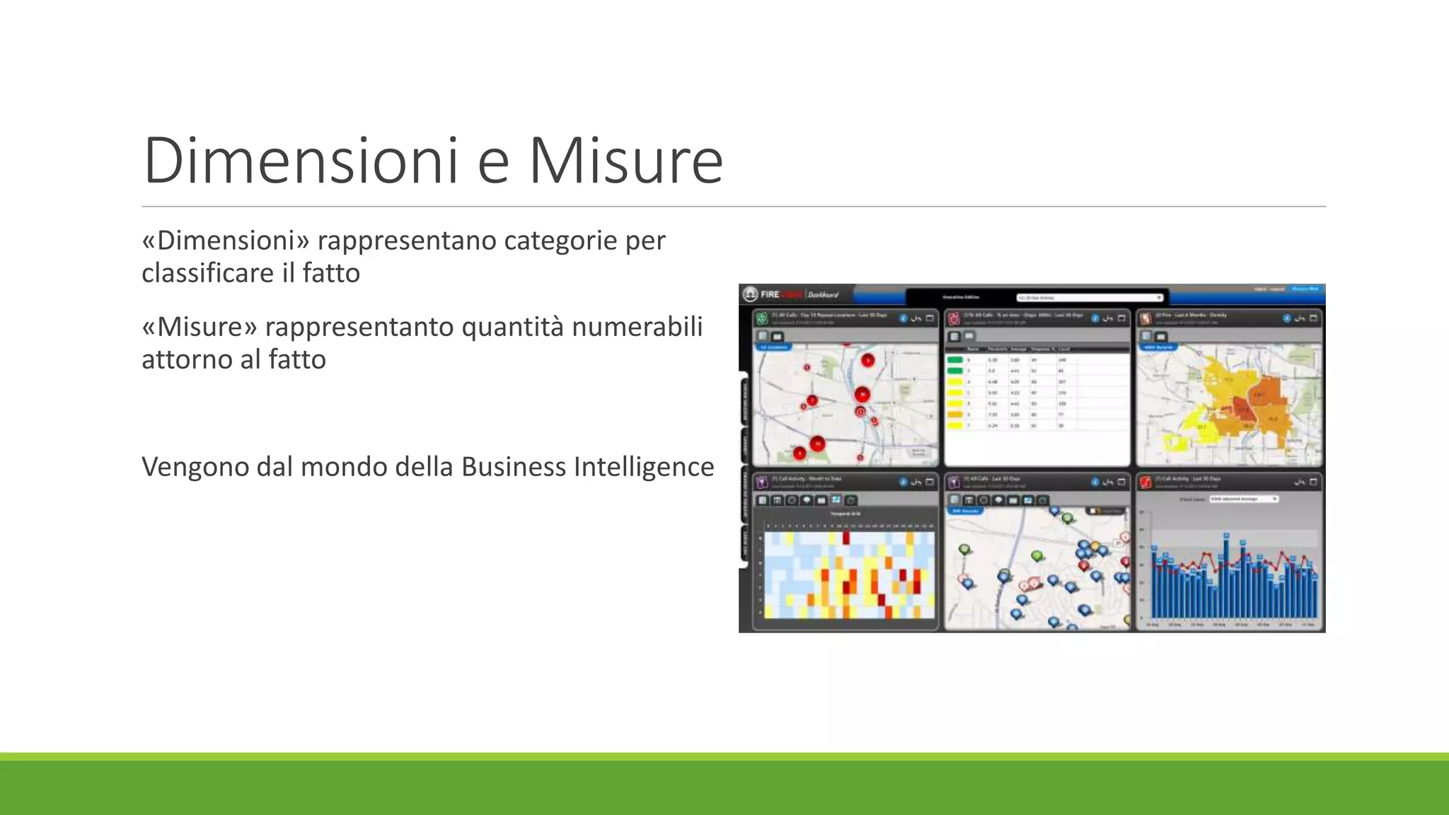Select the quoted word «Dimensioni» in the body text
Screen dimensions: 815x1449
pyautogui.click(x=226, y=241)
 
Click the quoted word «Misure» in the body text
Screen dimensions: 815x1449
pyautogui.click(x=199, y=327)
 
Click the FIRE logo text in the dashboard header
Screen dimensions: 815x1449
pyautogui.click(x=770, y=294)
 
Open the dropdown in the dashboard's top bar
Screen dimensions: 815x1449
pyautogui.click(x=1090, y=298)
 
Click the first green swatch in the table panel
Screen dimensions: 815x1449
pyautogui.click(x=954, y=360)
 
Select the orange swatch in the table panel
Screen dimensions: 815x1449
pyautogui.click(x=954, y=415)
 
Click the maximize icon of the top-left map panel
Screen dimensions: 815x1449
pyautogui.click(x=930, y=318)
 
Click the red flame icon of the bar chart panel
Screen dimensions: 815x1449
pyautogui.click(x=1145, y=482)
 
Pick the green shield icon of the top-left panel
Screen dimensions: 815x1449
pyautogui.click(x=763, y=318)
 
